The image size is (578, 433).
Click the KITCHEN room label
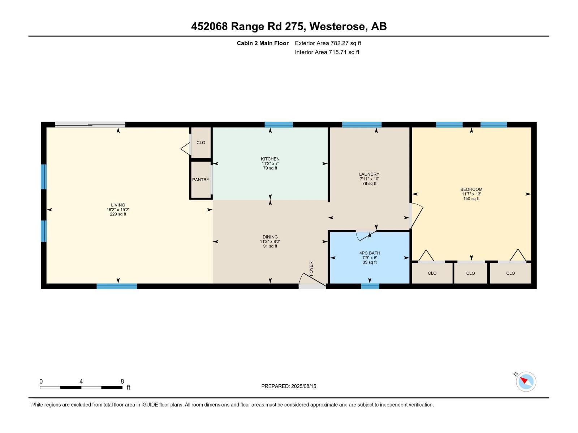pyautogui.click(x=270, y=159)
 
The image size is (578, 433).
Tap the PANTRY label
pyautogui.click(x=200, y=180)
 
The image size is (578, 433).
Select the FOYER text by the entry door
pyautogui.click(x=311, y=268)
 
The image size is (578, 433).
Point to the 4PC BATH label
pyautogui.click(x=370, y=253)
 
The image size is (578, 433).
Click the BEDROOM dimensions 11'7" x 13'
pyautogui.click(x=471, y=194)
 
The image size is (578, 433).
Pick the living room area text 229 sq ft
pyautogui.click(x=118, y=214)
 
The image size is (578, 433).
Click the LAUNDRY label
pyautogui.click(x=369, y=174)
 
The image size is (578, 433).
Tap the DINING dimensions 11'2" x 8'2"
pyautogui.click(x=270, y=241)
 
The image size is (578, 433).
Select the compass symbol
pyautogui.click(x=526, y=381)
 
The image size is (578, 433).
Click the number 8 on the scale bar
pyautogui.click(x=122, y=381)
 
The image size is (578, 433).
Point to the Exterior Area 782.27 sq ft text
pyautogui.click(x=328, y=43)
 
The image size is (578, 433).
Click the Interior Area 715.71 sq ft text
pyautogui.click(x=327, y=52)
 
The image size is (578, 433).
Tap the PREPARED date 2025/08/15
pyautogui.click(x=303, y=386)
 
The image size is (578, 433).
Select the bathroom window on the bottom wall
pyautogui.click(x=370, y=286)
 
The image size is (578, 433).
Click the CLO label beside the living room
pyautogui.click(x=200, y=143)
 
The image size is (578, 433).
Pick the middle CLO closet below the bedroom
pyautogui.click(x=470, y=273)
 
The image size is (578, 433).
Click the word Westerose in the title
pyautogui.click(x=338, y=26)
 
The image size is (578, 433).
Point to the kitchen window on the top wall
pyautogui.click(x=279, y=124)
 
